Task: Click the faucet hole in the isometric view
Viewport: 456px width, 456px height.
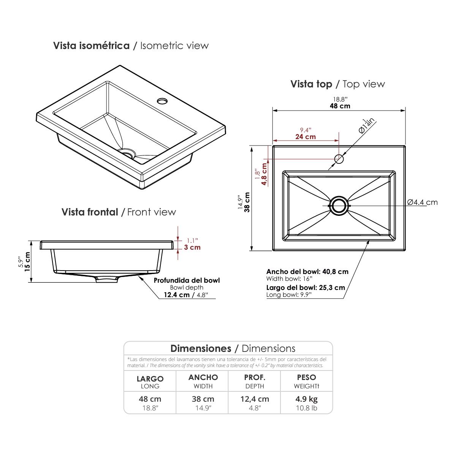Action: point(162,101)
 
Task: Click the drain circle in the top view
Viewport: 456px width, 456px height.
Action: point(339,206)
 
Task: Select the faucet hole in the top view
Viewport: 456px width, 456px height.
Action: point(339,159)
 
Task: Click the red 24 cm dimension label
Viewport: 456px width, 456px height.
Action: point(306,137)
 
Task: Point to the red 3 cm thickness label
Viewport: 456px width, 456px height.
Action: point(192,247)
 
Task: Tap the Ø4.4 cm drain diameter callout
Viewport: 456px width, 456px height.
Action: point(423,202)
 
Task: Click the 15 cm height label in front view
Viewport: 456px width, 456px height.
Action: point(27,261)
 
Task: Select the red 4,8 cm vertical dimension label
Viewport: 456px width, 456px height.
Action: point(264,174)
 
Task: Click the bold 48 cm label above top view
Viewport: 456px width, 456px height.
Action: point(340,106)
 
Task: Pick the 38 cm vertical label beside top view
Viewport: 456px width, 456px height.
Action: point(247,202)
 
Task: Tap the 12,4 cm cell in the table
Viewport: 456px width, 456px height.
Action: point(255,399)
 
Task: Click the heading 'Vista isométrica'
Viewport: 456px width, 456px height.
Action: point(91,46)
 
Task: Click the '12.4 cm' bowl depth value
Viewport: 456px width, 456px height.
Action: point(177,295)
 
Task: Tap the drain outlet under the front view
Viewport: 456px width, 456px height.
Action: point(107,279)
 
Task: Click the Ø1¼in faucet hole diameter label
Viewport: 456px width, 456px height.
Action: point(367,126)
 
